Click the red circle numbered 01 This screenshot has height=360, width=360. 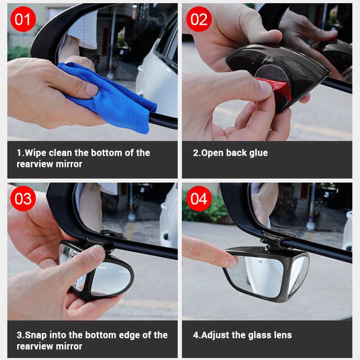click(x=23, y=19)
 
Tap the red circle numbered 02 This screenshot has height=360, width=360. click(x=198, y=19)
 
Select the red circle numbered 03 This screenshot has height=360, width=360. click(x=23, y=198)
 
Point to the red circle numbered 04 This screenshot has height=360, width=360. click(x=198, y=198)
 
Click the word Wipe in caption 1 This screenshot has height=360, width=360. click(x=36, y=153)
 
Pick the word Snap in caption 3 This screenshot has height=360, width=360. click(x=36, y=335)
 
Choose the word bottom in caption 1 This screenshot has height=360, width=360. click(x=107, y=153)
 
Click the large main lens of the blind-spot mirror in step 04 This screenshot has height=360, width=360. click(x=257, y=275)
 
